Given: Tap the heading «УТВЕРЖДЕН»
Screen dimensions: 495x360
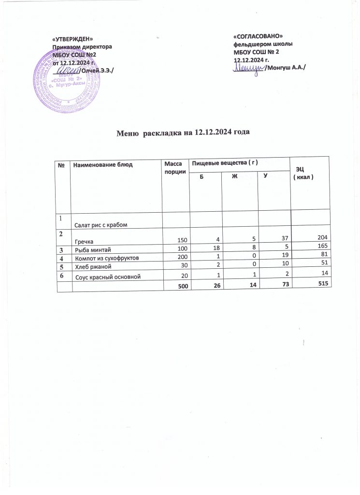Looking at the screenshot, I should click(x=72, y=39).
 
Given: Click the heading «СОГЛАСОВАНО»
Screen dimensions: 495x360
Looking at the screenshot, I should click(x=258, y=37).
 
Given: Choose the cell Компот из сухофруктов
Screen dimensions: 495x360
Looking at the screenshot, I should click(x=106, y=258).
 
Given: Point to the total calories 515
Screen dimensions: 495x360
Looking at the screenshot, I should click(x=324, y=286).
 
